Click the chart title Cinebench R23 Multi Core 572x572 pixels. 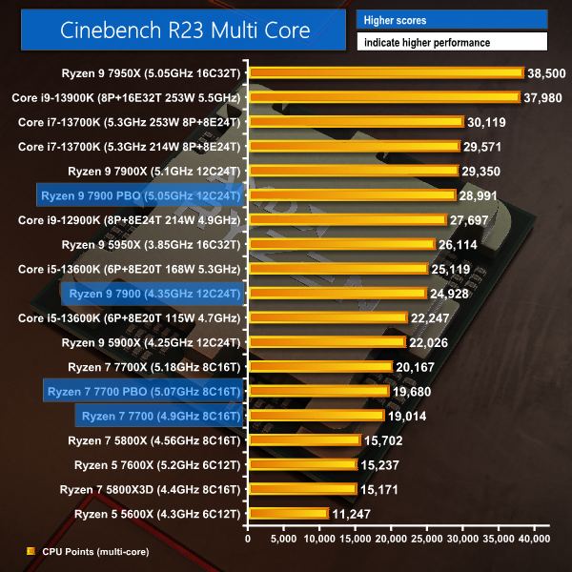click(x=185, y=31)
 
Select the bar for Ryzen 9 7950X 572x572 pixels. click(x=386, y=72)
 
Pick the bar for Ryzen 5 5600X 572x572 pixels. click(x=288, y=514)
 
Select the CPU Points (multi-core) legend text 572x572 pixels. click(x=95, y=551)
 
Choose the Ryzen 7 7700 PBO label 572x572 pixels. click(x=143, y=391)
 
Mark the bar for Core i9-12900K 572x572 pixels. click(x=347, y=220)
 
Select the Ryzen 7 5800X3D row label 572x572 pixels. click(x=152, y=489)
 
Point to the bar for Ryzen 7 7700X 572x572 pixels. click(x=320, y=367)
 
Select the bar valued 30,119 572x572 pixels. click(x=356, y=122)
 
